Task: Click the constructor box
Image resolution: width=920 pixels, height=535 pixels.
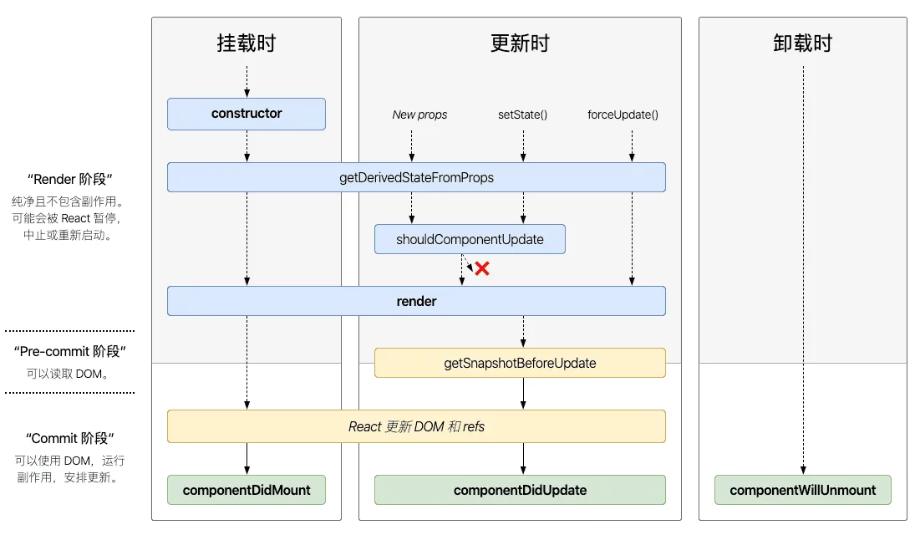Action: click(x=247, y=114)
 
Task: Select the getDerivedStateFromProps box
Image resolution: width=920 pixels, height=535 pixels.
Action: click(x=416, y=177)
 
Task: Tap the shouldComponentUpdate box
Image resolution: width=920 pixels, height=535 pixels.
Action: click(x=470, y=239)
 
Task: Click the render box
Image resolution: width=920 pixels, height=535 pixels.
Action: click(x=416, y=301)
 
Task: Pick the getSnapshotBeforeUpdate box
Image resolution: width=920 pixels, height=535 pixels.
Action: click(x=520, y=363)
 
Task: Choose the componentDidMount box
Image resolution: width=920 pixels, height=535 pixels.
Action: click(x=247, y=490)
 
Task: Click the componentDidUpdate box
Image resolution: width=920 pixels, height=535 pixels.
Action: click(x=520, y=490)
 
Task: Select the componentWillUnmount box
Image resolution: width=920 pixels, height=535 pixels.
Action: click(x=803, y=490)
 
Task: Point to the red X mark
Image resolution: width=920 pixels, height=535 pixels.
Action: click(x=482, y=268)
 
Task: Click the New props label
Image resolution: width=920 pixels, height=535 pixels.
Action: click(x=419, y=115)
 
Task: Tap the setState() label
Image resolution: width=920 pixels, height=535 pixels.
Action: click(x=523, y=115)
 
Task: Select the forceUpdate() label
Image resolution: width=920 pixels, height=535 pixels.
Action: click(x=623, y=115)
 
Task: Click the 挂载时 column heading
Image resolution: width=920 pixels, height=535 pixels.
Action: click(x=247, y=43)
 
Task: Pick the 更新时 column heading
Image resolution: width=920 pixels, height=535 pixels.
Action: click(x=520, y=43)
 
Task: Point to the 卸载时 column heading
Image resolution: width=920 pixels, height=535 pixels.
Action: click(x=803, y=43)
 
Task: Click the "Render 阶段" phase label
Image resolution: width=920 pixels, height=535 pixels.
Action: click(x=70, y=179)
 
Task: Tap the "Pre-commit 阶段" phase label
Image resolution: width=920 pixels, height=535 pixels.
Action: click(x=70, y=351)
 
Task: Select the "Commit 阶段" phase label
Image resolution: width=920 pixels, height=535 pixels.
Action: click(x=70, y=438)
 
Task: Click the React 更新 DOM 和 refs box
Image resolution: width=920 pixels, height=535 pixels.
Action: click(x=416, y=426)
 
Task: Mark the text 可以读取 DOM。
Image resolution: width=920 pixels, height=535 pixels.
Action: click(x=68, y=374)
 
